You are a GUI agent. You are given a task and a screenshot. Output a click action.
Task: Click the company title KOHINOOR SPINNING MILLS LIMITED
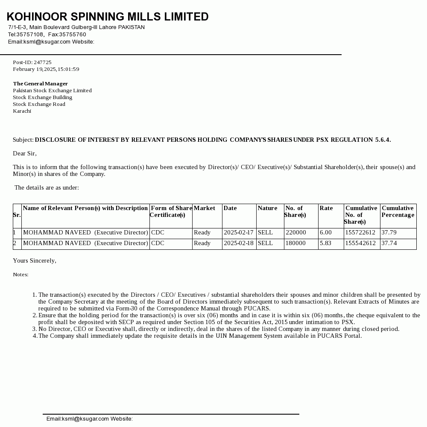tap(108, 17)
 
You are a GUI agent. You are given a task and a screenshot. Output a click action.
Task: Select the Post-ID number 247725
tap(43, 62)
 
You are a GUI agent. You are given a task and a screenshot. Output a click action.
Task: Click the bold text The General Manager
tap(40, 84)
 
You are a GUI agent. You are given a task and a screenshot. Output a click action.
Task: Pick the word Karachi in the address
tap(22, 111)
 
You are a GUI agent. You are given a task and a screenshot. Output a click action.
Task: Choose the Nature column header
tap(267, 208)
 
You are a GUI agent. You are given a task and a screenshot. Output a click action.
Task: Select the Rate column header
tap(326, 208)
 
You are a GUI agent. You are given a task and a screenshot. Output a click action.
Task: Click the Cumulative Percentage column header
tap(398, 211)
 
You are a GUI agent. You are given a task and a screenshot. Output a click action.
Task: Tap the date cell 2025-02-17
tap(238, 233)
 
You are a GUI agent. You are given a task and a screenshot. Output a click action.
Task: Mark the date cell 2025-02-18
tap(238, 243)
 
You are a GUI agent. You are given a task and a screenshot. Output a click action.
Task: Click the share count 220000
tap(295, 233)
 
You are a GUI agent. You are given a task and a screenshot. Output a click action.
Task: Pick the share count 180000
tap(295, 243)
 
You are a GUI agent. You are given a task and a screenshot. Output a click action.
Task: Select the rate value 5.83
tap(325, 243)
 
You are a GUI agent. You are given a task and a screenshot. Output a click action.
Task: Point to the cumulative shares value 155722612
tap(360, 233)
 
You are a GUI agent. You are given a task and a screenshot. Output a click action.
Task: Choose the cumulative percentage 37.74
tap(389, 243)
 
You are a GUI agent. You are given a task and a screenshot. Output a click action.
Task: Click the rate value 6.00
tap(325, 233)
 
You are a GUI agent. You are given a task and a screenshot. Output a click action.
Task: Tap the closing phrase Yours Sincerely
tap(34, 260)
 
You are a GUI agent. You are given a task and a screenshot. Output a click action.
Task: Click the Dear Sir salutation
tap(24, 153)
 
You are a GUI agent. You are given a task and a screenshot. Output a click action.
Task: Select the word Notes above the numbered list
tap(20, 275)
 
